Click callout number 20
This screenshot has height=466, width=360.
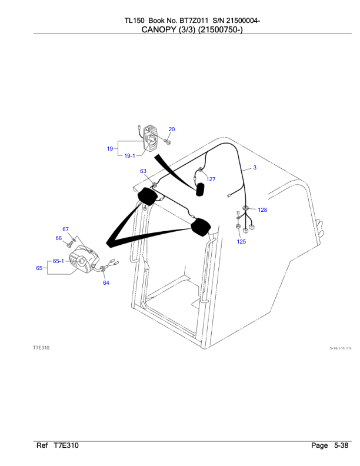172,129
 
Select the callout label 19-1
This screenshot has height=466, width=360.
129,155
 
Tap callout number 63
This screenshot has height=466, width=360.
144,171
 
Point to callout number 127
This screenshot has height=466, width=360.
211,179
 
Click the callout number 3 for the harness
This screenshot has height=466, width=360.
255,168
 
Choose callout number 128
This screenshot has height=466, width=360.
262,209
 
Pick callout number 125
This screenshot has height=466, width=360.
242,241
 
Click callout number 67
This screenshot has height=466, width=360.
66,229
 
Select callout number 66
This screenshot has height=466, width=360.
59,238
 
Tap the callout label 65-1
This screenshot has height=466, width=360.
58,261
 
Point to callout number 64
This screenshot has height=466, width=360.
106,283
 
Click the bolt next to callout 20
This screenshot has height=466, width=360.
168,141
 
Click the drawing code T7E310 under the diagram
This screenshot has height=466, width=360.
41,348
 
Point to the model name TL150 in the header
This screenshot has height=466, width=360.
134,21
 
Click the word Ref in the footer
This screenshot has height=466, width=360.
42,446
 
